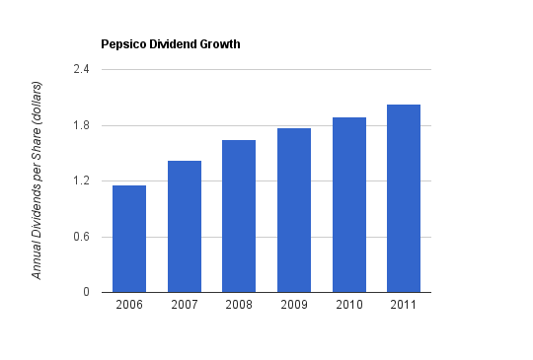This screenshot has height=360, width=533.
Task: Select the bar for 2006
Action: click(x=129, y=239)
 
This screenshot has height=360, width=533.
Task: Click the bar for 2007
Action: click(x=185, y=227)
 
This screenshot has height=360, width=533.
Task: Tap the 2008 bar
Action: click(x=239, y=216)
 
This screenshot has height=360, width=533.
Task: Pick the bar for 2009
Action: click(x=294, y=210)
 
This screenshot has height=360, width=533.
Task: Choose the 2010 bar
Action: click(x=349, y=205)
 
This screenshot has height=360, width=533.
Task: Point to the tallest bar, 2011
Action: click(x=404, y=198)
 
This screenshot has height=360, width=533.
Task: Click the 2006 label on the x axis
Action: click(x=129, y=305)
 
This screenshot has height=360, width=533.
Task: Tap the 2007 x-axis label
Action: click(x=185, y=305)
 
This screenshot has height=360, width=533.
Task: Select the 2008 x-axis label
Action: click(x=239, y=305)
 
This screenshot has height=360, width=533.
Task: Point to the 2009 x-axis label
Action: click(x=294, y=305)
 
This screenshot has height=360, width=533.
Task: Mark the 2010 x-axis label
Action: click(x=349, y=305)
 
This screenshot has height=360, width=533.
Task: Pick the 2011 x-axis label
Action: click(x=404, y=305)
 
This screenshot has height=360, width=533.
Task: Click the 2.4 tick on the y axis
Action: click(x=81, y=69)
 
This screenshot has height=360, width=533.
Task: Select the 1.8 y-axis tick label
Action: click(x=81, y=125)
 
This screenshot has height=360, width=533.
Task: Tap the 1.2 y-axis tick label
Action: click(x=81, y=180)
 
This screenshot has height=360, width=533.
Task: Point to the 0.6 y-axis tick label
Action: click(x=81, y=237)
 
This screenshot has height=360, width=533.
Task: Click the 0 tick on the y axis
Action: click(x=86, y=292)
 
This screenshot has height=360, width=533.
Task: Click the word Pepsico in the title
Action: click(x=123, y=44)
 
